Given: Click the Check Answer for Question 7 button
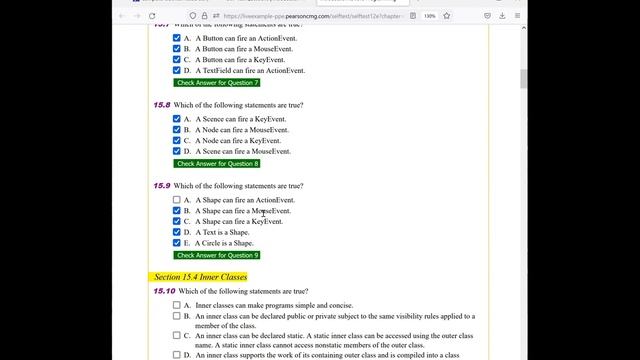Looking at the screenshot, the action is pyautogui.click(x=217, y=83).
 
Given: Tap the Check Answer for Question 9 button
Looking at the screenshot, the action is pyautogui.click(x=217, y=255).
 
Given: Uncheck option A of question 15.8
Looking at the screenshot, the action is pyautogui.click(x=177, y=119).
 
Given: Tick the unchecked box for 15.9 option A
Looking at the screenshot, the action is pyautogui.click(x=177, y=200).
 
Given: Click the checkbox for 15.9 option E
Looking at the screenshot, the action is pyautogui.click(x=177, y=243).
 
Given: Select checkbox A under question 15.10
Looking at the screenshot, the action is pyautogui.click(x=177, y=305).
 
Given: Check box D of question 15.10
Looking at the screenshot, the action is pyautogui.click(x=177, y=354).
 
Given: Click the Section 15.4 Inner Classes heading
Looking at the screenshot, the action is pyautogui.click(x=200, y=277).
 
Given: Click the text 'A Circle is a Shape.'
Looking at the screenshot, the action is pyautogui.click(x=224, y=243).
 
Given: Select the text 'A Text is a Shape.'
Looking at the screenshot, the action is pyautogui.click(x=222, y=232).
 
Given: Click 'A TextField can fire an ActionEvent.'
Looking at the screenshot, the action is pyautogui.click(x=250, y=70).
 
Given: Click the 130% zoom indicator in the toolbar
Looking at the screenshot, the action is pyautogui.click(x=458, y=16).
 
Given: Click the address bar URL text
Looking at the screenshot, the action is pyautogui.click(x=300, y=16).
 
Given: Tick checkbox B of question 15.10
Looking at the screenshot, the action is pyautogui.click(x=177, y=316).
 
